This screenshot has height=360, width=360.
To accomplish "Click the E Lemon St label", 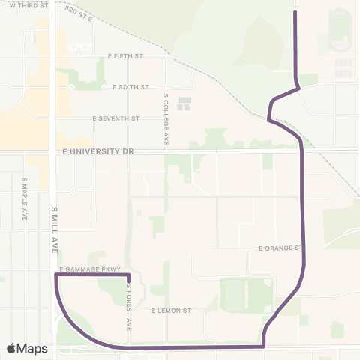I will pyautogui.click(x=172, y=310).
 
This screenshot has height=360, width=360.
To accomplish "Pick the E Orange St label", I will pyautogui.click(x=279, y=247).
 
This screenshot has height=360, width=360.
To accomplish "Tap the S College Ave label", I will pyautogui.click(x=165, y=118).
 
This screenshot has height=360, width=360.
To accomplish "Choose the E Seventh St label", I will pyautogui.click(x=116, y=118).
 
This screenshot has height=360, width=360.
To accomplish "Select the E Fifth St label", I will pyautogui.click(x=136, y=55).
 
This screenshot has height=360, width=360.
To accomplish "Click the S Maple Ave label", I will pyautogui.click(x=25, y=198).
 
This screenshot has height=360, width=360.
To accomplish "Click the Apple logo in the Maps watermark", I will pyautogui.click(x=11, y=348).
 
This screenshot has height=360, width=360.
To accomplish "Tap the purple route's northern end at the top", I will pyautogui.click(x=295, y=12).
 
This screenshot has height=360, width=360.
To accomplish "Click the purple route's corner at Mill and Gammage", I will pyautogui.click(x=56, y=275).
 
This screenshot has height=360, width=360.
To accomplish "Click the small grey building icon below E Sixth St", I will pyautogui.click(x=184, y=102).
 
